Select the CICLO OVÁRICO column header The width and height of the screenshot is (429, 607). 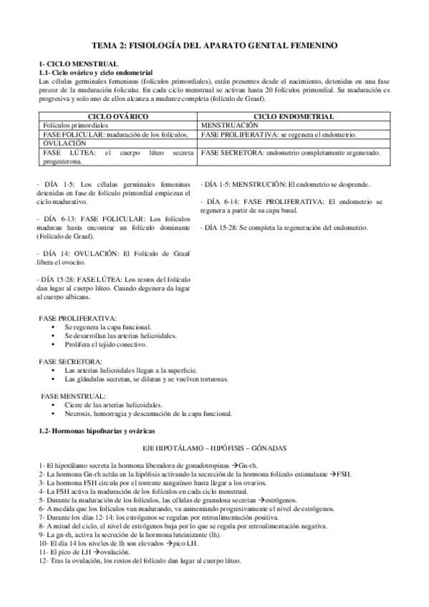pos(117,116)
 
